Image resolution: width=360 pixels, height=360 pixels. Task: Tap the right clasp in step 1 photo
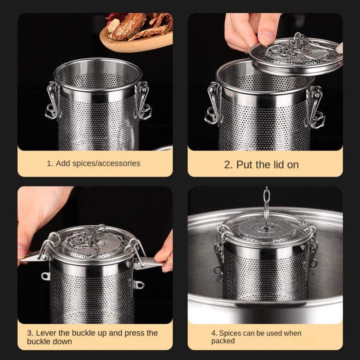tap(144, 101)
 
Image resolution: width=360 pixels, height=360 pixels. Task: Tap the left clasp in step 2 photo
tap(213, 103)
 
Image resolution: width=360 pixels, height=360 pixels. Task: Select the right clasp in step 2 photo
tap(316, 106)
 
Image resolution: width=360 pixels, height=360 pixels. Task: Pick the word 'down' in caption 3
tap(62, 341)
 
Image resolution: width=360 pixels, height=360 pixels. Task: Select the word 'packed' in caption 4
tap(223, 341)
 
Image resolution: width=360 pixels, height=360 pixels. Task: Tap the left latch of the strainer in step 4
tap(220, 252)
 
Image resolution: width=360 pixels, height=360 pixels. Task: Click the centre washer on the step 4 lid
tap(266, 228)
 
